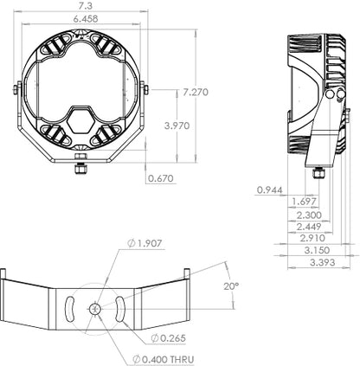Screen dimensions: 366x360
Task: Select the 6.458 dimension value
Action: (x=85, y=17)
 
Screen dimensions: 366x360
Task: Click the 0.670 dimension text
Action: (x=161, y=179)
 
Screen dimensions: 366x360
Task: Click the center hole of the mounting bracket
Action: (x=93, y=309)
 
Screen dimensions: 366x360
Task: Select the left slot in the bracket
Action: (x=67, y=309)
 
